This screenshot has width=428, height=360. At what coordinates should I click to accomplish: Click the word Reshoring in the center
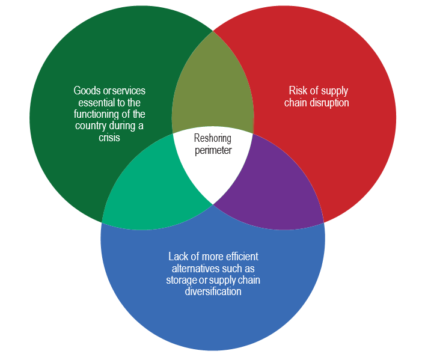tap(213, 138)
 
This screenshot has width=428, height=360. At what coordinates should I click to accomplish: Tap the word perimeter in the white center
tap(213, 150)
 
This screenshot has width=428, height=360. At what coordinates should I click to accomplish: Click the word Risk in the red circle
tap(299, 91)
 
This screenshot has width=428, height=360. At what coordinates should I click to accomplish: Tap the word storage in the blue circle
tap(182, 279)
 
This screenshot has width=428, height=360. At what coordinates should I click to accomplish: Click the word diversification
tap(212, 291)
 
